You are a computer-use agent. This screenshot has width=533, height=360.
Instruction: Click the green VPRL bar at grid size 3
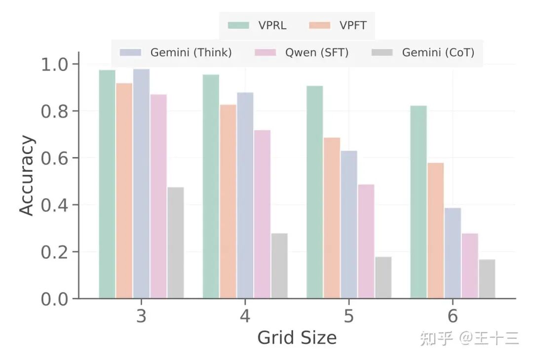click(x=107, y=184)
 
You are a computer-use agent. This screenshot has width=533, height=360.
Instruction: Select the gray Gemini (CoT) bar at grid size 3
click(x=176, y=242)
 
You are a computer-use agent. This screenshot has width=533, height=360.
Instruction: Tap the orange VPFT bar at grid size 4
click(x=228, y=201)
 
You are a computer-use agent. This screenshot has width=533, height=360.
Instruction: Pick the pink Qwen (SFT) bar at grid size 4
click(x=262, y=214)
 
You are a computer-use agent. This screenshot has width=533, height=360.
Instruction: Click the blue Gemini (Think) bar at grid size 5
click(x=349, y=225)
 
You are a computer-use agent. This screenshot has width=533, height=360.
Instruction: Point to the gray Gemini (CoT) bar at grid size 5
click(x=383, y=278)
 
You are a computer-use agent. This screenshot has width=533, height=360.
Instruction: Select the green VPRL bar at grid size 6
click(x=419, y=202)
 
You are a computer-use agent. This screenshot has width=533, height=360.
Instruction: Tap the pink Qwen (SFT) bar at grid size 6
click(x=470, y=266)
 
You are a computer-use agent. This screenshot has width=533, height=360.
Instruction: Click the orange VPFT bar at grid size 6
click(x=435, y=231)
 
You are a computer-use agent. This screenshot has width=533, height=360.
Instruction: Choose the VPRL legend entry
click(x=257, y=26)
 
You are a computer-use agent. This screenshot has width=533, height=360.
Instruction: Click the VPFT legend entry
click(x=338, y=26)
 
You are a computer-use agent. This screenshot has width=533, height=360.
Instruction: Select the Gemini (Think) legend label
click(x=191, y=52)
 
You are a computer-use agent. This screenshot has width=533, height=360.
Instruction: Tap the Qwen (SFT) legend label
click(x=317, y=52)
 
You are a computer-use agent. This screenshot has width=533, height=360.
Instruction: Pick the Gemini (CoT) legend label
click(x=438, y=52)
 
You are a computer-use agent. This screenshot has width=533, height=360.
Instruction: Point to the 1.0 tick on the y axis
click(x=54, y=64)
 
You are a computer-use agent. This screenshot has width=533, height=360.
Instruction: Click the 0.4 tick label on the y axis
click(x=54, y=205)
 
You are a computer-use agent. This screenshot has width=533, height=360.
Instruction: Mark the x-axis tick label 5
click(x=349, y=316)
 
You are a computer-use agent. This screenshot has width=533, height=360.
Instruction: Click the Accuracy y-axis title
click(x=27, y=176)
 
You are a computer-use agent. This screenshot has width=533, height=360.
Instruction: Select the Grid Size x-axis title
click(x=297, y=338)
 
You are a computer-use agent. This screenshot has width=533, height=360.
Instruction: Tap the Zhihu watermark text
click(x=469, y=339)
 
